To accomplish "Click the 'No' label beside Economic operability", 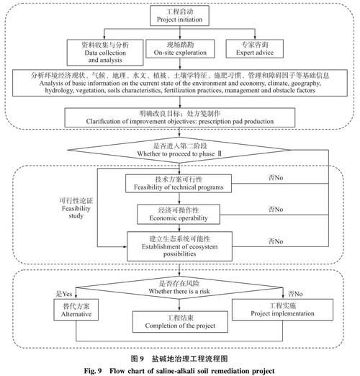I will (274, 209).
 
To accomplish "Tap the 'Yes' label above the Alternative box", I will (64, 293).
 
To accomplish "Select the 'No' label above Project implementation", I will (294, 293).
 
